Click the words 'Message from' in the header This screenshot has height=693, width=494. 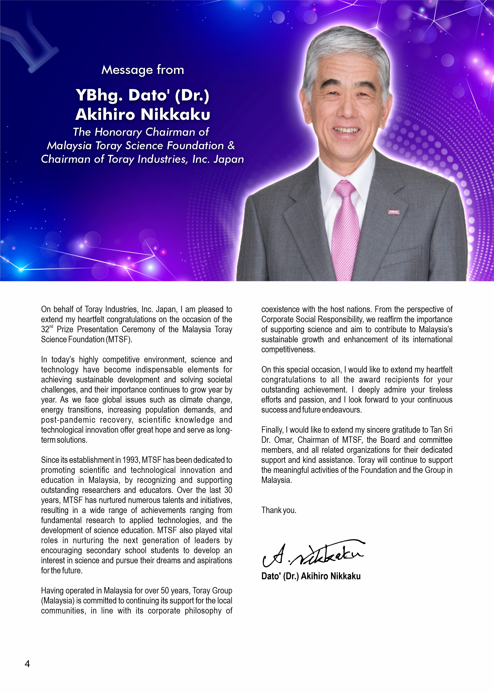tap(143, 70)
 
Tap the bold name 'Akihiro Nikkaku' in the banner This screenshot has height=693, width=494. tap(143, 114)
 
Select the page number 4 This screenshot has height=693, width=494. tap(27, 664)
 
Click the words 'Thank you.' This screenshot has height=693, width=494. tap(279, 510)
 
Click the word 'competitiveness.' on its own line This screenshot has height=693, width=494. tap(288, 350)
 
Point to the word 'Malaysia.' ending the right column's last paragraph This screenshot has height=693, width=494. tap(276, 480)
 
